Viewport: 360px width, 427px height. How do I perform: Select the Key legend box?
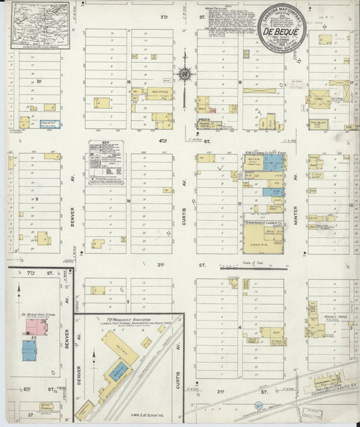click(x=105, y=163)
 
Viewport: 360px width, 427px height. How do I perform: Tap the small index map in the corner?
click(x=40, y=26)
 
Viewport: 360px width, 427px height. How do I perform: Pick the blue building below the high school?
click(x=29, y=350)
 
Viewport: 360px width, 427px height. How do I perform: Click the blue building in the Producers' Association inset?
click(x=119, y=371)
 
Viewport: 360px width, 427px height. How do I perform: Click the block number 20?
click(x=39, y=82)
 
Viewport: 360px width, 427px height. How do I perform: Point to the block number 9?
click(x=36, y=199)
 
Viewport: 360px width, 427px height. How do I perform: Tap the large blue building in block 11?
click(x=273, y=163)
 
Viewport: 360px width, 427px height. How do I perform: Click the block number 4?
click(x=240, y=326)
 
